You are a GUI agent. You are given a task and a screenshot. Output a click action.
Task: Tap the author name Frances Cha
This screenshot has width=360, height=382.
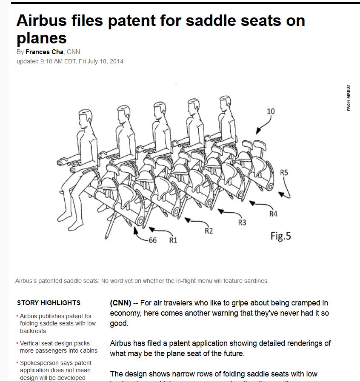(x=44, y=52)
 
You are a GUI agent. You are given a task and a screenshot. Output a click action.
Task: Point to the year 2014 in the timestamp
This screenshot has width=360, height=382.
(x=116, y=61)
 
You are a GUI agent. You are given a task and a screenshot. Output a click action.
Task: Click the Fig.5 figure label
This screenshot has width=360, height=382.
(x=280, y=235)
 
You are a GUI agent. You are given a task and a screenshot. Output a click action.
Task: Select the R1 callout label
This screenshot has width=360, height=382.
(x=173, y=240)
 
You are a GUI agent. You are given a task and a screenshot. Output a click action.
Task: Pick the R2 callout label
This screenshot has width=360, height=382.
(x=209, y=231)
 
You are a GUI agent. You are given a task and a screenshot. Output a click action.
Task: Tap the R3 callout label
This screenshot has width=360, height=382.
(x=242, y=222)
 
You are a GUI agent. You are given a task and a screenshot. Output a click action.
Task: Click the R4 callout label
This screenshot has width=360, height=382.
(x=273, y=214)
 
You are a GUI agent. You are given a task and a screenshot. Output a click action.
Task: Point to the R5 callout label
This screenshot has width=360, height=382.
(x=284, y=172)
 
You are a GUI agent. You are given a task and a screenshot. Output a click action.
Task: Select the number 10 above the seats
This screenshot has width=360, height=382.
(x=271, y=111)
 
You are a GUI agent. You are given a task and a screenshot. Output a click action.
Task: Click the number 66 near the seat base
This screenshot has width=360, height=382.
(x=152, y=240)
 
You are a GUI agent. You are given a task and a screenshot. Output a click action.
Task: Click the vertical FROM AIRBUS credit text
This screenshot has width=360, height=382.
(x=349, y=98)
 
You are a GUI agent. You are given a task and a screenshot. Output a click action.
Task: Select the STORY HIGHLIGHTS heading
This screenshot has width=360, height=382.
(x=49, y=303)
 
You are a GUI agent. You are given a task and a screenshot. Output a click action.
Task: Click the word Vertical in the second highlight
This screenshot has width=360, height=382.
(x=30, y=343)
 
